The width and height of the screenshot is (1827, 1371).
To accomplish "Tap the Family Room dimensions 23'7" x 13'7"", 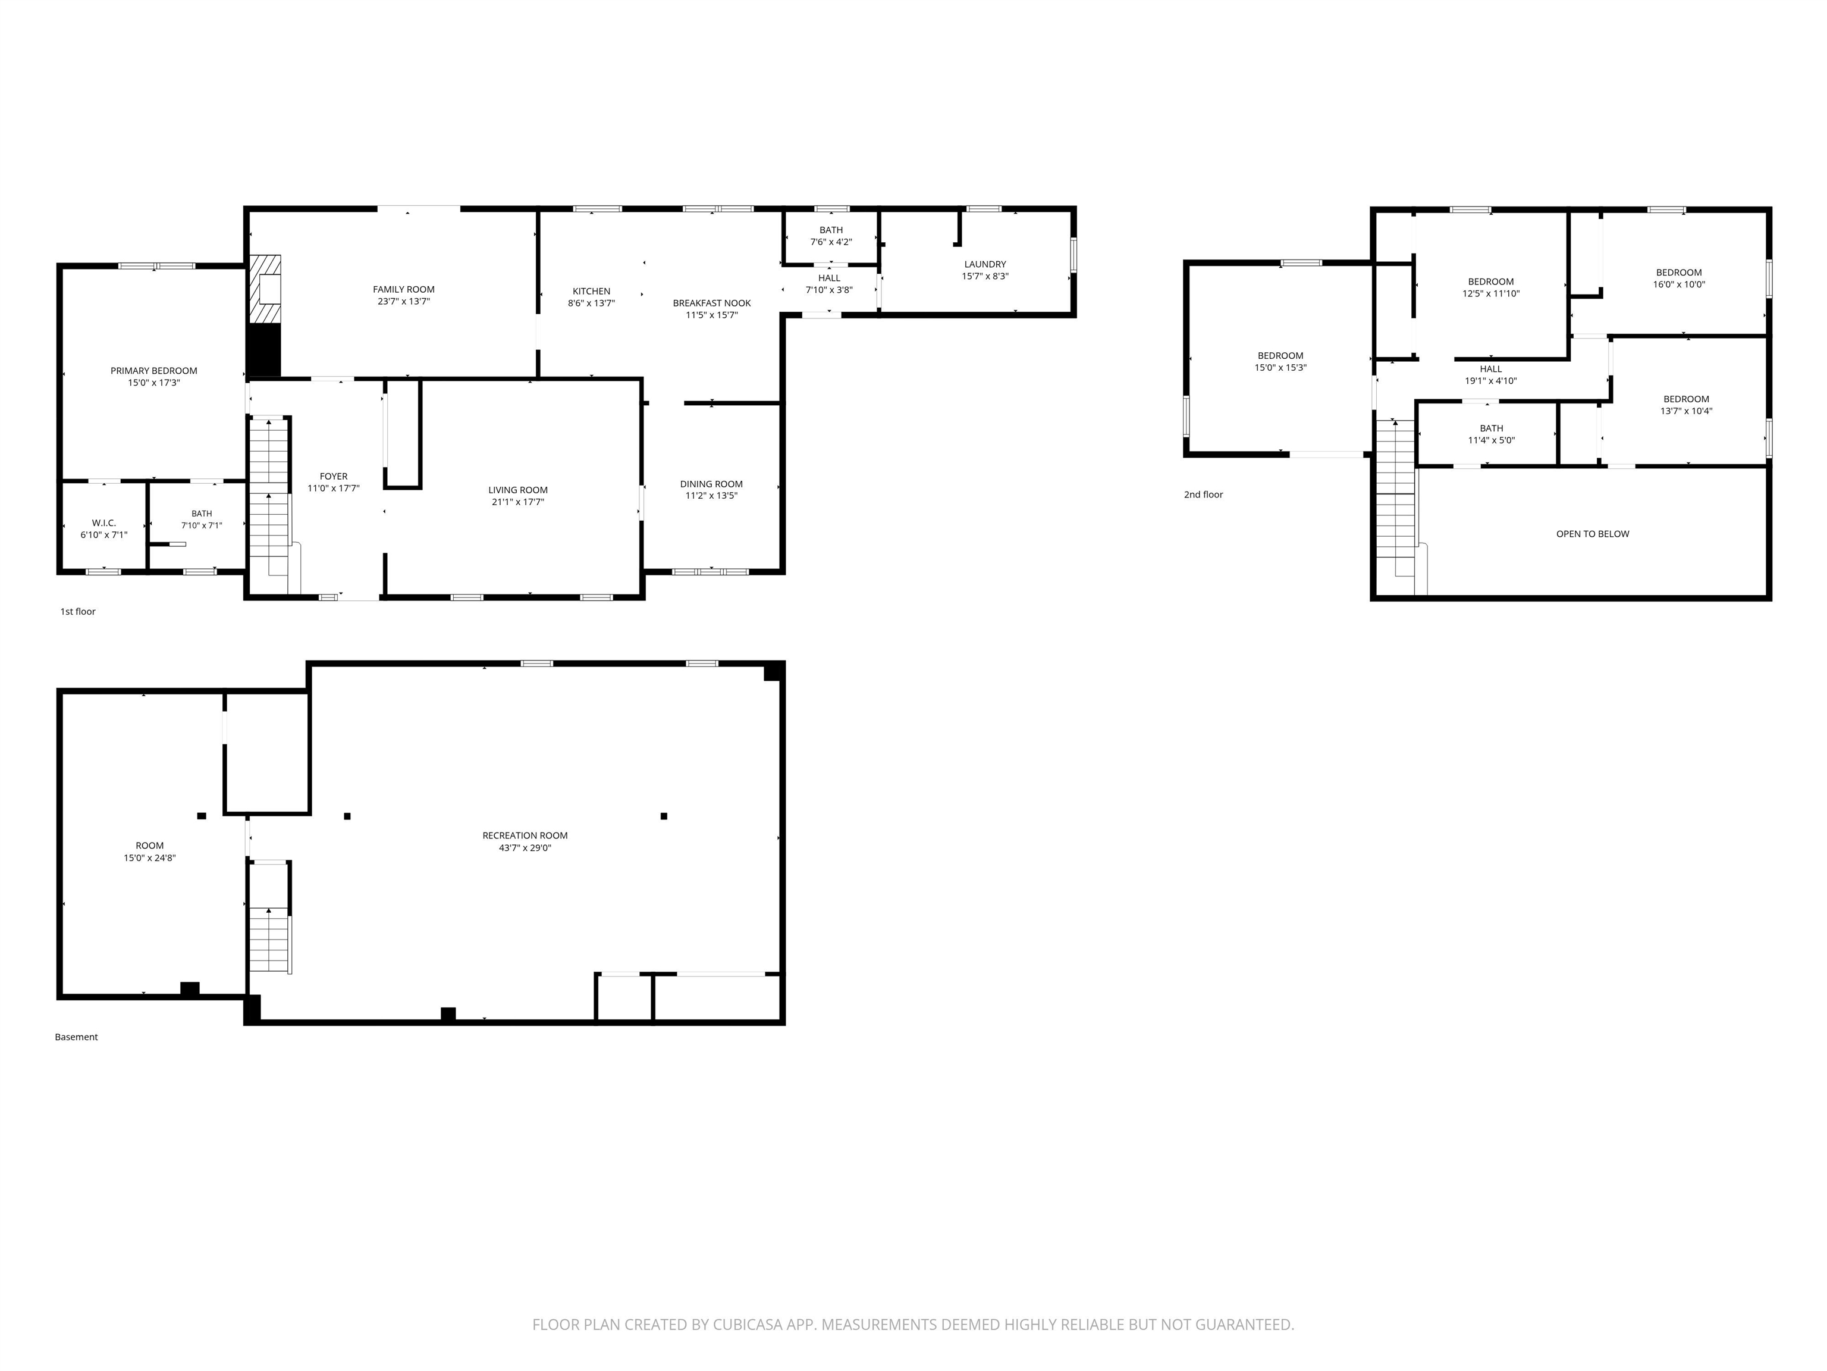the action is (404, 302).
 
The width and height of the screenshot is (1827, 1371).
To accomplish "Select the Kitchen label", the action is (591, 292).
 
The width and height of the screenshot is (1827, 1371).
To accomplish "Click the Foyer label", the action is (334, 477).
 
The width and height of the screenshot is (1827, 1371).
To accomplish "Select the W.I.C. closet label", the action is (104, 523).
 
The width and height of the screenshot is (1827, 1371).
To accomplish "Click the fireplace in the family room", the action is (265, 289).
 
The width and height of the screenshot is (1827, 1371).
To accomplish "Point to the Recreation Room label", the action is (525, 835).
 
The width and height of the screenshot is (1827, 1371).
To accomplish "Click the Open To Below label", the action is (1593, 534).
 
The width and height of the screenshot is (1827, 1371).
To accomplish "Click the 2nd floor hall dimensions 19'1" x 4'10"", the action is (1491, 381).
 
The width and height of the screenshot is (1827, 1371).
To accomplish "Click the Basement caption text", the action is (76, 1037).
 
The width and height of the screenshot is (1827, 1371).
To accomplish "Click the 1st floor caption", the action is (78, 612).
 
